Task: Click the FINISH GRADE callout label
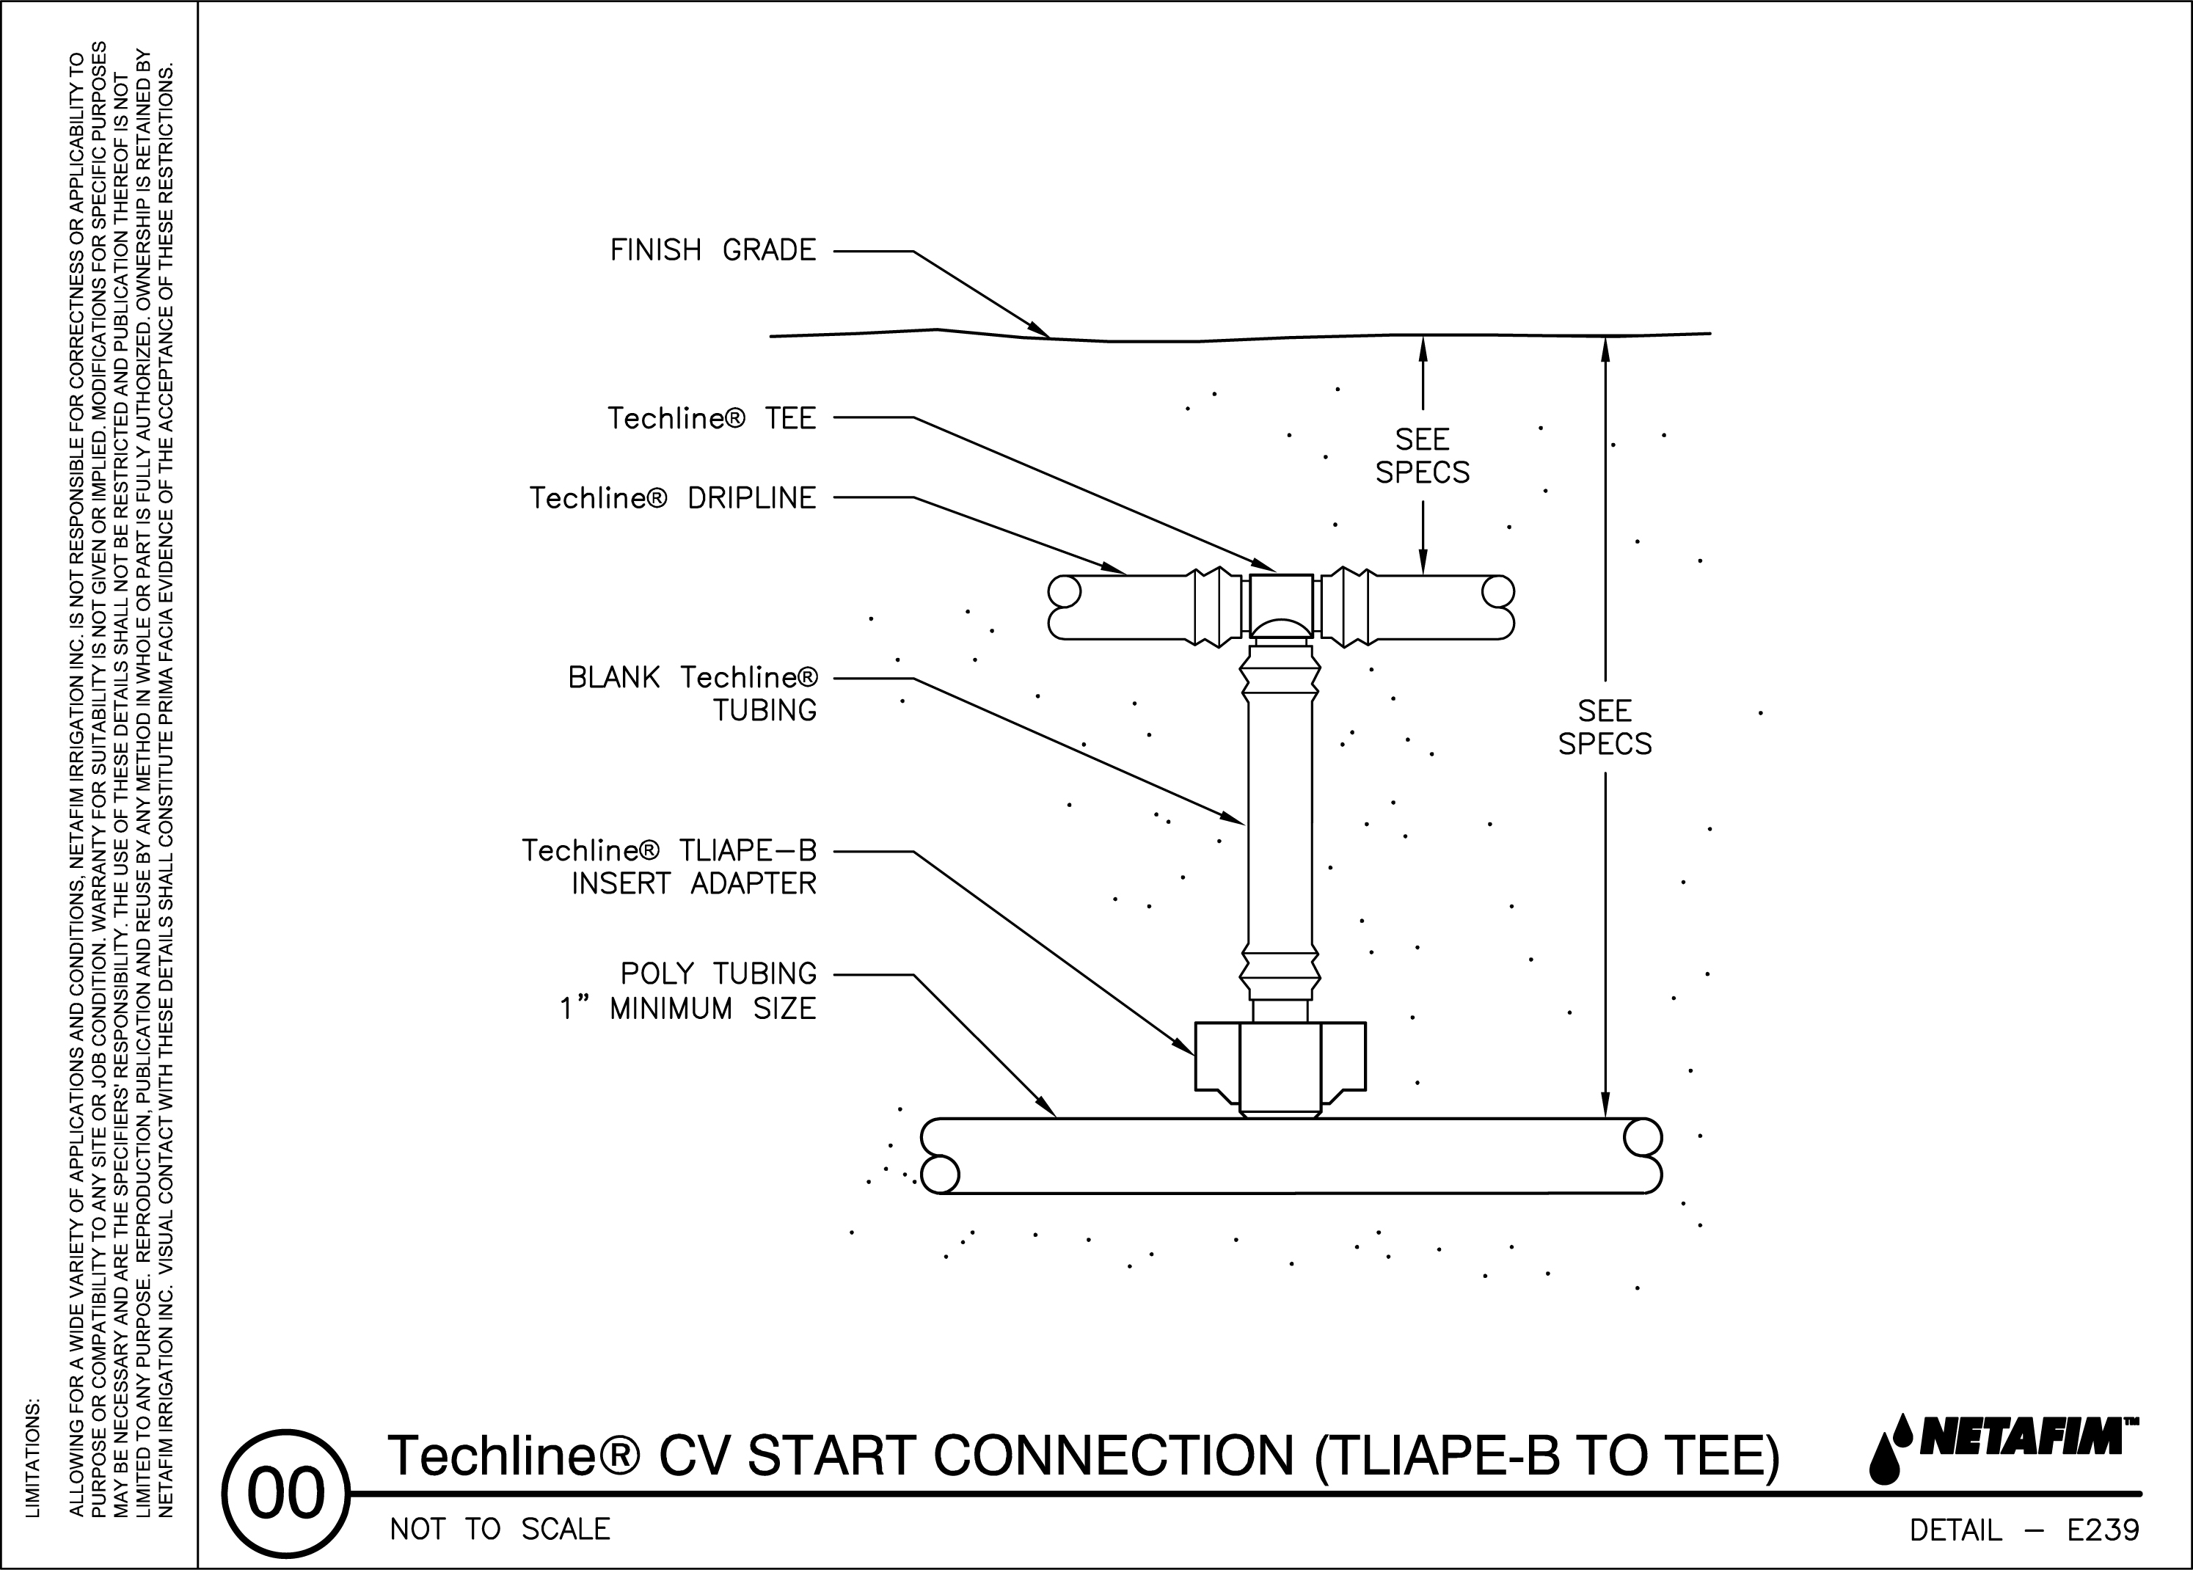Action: click(712, 250)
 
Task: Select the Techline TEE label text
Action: click(712, 419)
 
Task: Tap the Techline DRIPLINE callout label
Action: click(673, 498)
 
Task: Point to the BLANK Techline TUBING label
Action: click(693, 693)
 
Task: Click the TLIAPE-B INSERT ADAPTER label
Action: click(669, 866)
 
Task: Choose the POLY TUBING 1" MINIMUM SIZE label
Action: click(687, 991)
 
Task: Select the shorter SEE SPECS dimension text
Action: click(1423, 456)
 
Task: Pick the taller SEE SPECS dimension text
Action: click(1605, 727)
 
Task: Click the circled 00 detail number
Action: click(286, 1494)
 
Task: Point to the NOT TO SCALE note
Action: click(500, 1529)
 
